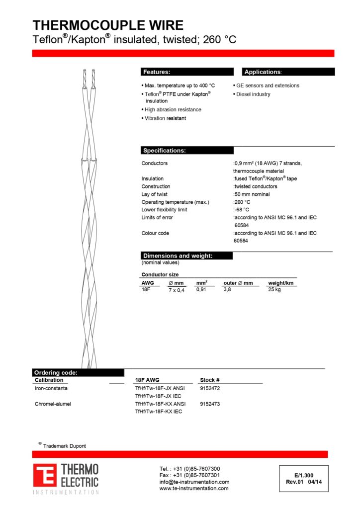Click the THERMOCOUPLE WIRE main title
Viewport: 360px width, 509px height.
(108, 25)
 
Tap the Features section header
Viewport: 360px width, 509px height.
(157, 72)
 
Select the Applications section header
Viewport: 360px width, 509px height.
(263, 72)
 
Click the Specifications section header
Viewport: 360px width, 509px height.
(164, 151)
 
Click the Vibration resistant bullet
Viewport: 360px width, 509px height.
(165, 118)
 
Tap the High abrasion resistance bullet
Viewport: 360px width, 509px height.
(173, 109)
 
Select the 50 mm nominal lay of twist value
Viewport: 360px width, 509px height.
(252, 194)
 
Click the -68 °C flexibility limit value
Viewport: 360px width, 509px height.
(242, 210)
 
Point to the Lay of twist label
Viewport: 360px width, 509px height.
(157, 194)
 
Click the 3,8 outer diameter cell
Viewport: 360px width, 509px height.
(227, 289)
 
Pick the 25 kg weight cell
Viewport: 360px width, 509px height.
(274, 289)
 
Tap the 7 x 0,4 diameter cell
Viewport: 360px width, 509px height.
(177, 290)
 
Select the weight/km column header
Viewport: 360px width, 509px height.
(281, 283)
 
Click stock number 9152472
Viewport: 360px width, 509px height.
(210, 388)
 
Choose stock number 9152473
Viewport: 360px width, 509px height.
(210, 404)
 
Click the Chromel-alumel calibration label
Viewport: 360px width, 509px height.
(53, 404)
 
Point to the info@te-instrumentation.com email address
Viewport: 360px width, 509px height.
(194, 482)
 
